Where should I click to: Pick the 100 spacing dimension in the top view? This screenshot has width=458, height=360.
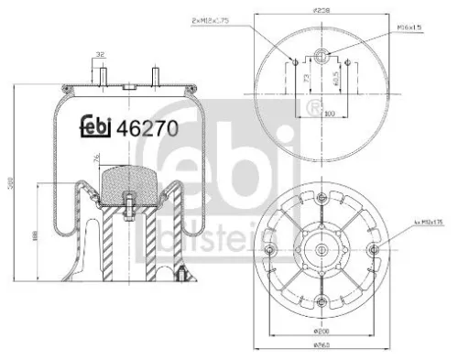tap(319, 114)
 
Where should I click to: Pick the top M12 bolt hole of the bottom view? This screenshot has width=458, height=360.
tap(321, 200)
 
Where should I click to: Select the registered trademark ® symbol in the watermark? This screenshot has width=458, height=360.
tap(317, 112)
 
